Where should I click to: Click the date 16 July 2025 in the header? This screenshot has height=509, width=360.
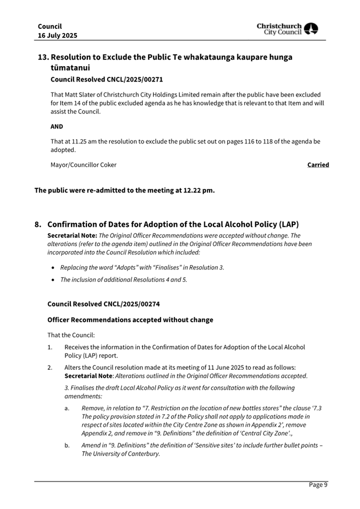click(57, 35)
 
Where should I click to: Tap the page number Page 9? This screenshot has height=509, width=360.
click(318, 484)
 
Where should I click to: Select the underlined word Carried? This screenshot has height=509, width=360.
click(318, 165)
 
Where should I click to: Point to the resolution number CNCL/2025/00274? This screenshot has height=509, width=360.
click(130, 304)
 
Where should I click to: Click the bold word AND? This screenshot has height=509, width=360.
click(57, 126)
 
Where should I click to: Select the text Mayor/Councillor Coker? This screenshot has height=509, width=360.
click(83, 165)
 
